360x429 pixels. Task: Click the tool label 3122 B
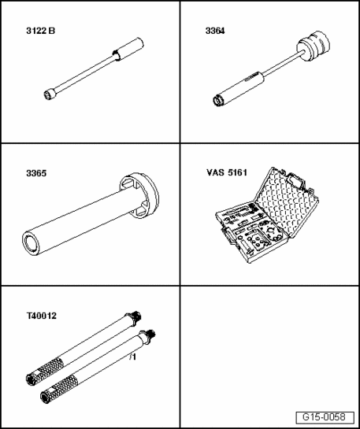click(40, 31)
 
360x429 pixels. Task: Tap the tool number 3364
click(215, 31)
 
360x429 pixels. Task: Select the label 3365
click(36, 173)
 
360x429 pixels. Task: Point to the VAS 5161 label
click(227, 172)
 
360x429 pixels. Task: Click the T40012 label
click(41, 316)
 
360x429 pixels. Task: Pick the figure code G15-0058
click(324, 417)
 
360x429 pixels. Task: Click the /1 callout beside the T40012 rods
click(133, 357)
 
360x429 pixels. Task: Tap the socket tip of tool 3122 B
click(49, 94)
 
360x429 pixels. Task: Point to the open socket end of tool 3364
click(218, 101)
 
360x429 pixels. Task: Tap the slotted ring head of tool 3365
click(139, 195)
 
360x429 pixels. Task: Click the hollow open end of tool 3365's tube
click(31, 243)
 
